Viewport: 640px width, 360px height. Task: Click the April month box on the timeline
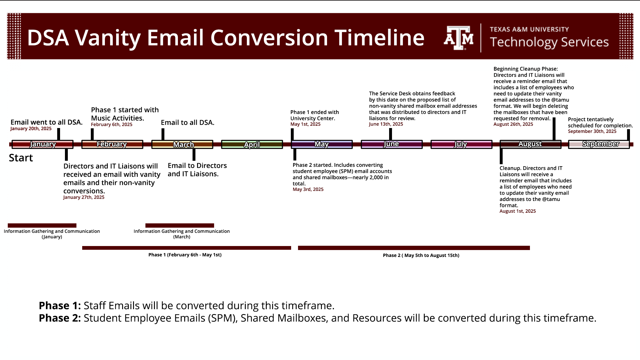click(x=252, y=144)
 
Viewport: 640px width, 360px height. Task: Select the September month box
click(x=599, y=144)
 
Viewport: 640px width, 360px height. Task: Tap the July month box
click(x=461, y=144)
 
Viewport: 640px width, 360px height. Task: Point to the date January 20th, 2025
click(x=31, y=129)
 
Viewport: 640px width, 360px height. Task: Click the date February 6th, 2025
click(x=112, y=125)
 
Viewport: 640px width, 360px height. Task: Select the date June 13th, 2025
click(x=386, y=124)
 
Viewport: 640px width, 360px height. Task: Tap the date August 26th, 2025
click(x=513, y=124)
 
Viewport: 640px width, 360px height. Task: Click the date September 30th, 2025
click(x=592, y=131)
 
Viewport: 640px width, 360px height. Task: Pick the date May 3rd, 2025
click(x=308, y=189)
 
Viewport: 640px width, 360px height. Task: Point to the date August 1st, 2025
click(x=518, y=211)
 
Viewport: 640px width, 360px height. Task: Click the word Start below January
click(x=21, y=158)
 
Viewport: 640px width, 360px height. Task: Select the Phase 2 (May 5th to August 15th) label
click(x=421, y=256)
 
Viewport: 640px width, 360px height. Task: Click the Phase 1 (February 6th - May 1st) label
click(x=185, y=255)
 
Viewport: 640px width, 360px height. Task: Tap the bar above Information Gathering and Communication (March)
click(x=180, y=226)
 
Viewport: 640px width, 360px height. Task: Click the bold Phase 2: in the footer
click(x=60, y=318)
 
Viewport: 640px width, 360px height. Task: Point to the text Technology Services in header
click(x=549, y=42)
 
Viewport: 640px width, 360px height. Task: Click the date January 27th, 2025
click(x=84, y=198)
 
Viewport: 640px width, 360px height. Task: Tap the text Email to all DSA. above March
click(x=188, y=123)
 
